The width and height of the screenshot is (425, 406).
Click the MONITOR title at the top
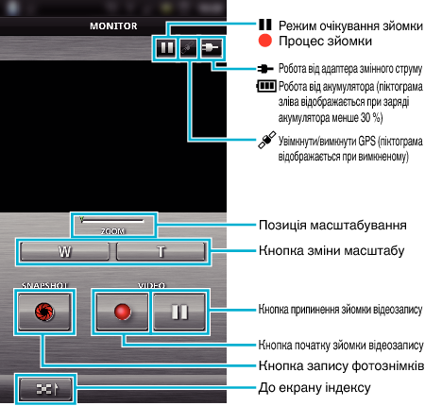[113, 25]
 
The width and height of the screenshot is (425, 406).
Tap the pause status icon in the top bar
[166, 48]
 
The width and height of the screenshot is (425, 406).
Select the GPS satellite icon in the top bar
[188, 48]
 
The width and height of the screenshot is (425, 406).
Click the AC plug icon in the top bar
[212, 48]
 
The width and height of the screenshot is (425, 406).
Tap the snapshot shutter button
[44, 312]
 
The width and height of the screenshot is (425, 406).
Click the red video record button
[122, 312]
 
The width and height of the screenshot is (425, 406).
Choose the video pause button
[179, 312]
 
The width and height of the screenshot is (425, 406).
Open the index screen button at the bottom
[45, 389]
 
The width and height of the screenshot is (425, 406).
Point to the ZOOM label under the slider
[113, 231]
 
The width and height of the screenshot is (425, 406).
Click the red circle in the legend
[265, 41]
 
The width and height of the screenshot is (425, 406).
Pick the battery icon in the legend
[266, 86]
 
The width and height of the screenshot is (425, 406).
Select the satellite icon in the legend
[267, 140]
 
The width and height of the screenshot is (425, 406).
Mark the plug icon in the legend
[265, 68]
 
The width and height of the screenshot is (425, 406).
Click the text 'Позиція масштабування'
[332, 226]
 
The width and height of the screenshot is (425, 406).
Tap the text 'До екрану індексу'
[314, 388]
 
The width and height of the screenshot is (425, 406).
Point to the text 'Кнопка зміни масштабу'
[331, 251]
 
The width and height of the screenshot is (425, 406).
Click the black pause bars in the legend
[265, 25]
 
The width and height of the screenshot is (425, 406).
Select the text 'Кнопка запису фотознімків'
[341, 365]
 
